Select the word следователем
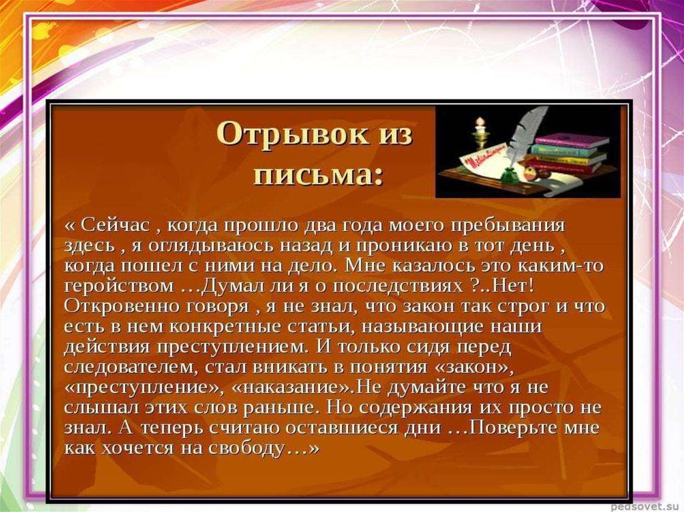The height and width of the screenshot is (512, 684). pyautogui.click(x=130, y=367)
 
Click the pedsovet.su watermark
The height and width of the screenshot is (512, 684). pyautogui.click(x=646, y=507)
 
